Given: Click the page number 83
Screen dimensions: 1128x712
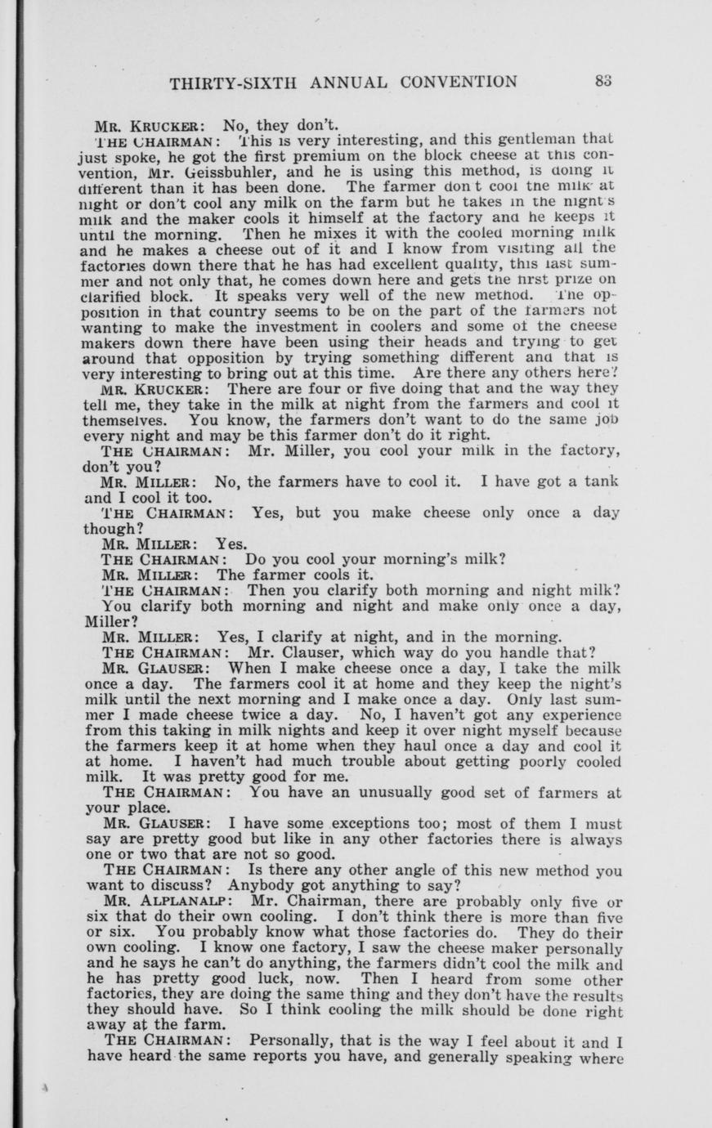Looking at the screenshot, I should point(604,82).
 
